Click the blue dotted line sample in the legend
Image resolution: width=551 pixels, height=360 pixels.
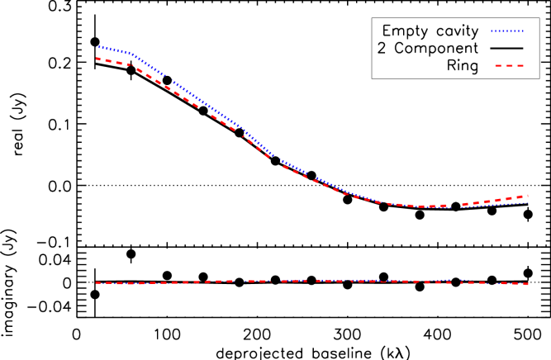506,31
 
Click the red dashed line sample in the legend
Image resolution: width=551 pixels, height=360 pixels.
510,65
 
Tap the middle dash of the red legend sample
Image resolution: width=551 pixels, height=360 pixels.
510,65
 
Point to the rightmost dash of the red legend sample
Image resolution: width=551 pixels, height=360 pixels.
520,65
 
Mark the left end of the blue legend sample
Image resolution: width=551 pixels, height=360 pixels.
492,31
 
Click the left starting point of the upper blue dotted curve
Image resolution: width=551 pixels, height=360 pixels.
97,46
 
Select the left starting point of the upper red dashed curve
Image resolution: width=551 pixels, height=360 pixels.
97,59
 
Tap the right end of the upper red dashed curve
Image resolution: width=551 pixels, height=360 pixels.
527,196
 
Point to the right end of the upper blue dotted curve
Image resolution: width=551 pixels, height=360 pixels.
527,202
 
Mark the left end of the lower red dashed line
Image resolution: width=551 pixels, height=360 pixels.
97,282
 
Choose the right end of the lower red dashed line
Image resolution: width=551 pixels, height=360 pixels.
527,284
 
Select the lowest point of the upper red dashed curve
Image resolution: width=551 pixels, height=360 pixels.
430,206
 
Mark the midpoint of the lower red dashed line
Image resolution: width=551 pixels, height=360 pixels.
311,281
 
